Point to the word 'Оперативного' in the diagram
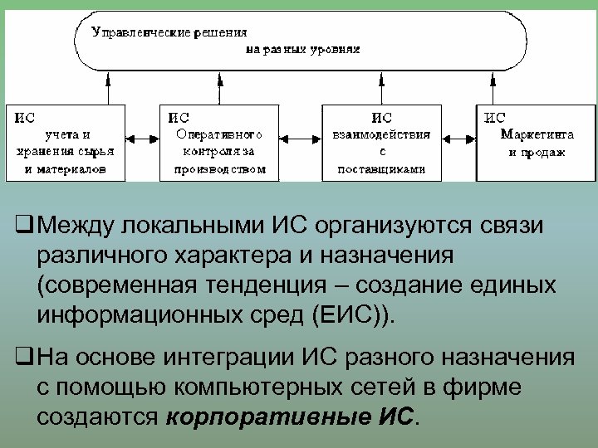click(220, 134)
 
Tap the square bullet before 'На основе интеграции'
click(23, 358)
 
